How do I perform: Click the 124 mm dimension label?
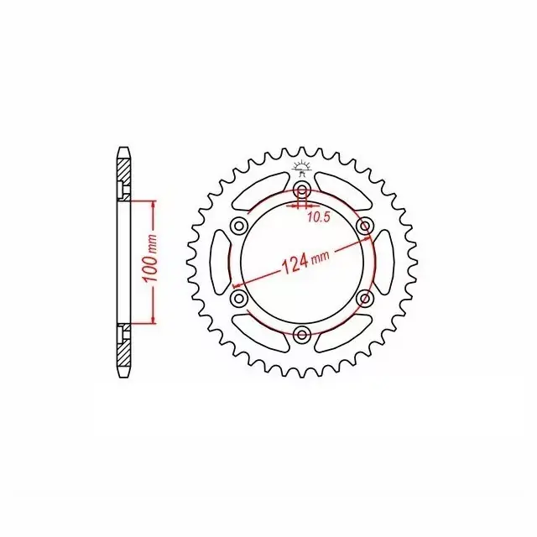(305, 262)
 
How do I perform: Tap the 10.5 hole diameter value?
(319, 217)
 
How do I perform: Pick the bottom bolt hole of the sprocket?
(302, 334)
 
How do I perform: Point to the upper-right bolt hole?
(364, 226)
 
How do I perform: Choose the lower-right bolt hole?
(364, 298)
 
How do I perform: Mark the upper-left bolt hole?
(239, 226)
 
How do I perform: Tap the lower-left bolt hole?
(239, 298)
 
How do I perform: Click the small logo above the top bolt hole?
(302, 169)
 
